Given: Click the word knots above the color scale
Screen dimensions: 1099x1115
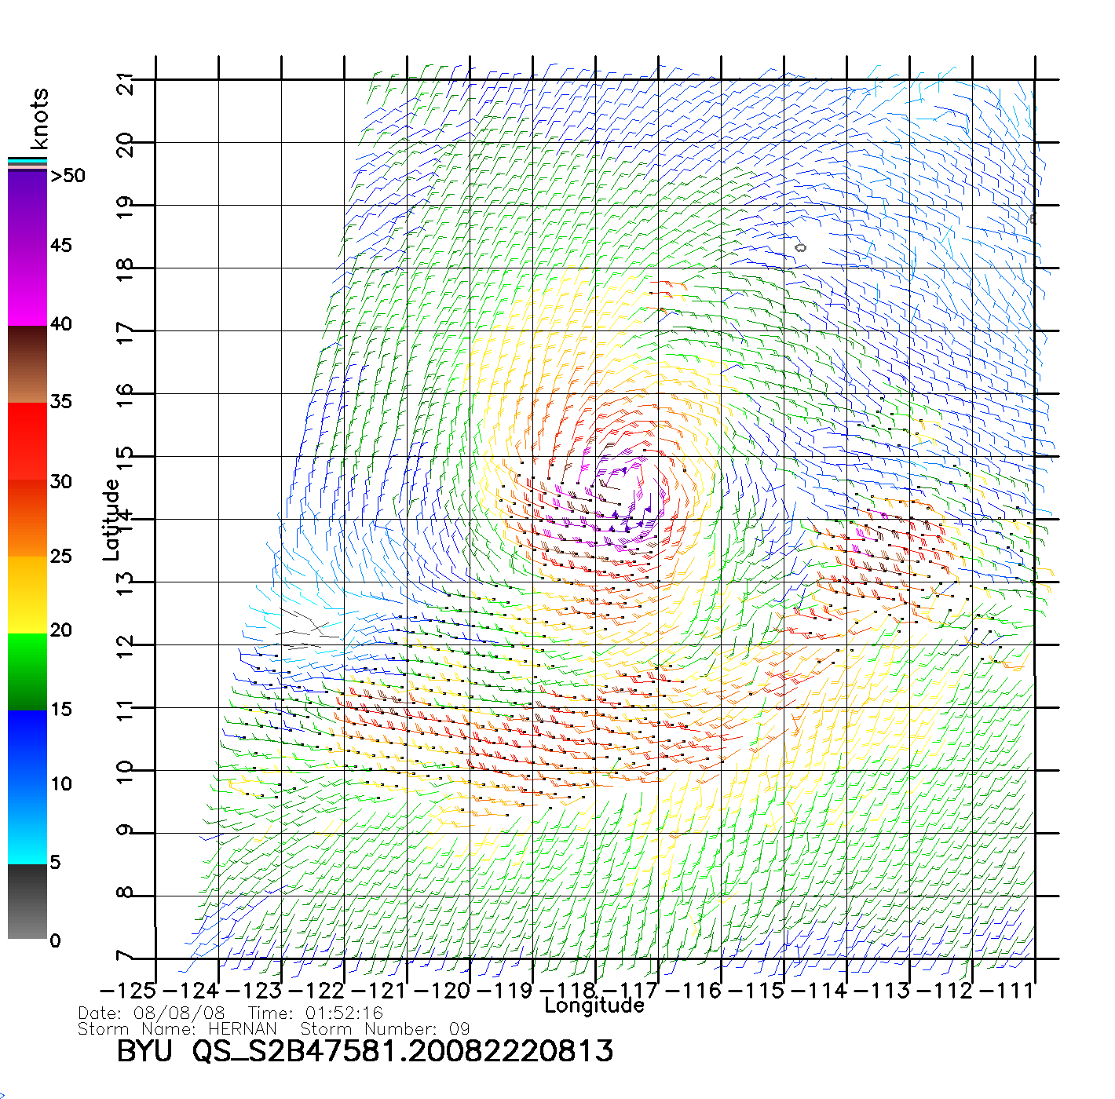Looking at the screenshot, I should click(x=39, y=119).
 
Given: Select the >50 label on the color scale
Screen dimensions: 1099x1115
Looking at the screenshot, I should click(x=68, y=176).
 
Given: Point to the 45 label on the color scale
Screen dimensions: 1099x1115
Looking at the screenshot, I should click(x=60, y=246).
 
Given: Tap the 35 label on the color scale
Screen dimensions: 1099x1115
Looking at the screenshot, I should click(x=60, y=402).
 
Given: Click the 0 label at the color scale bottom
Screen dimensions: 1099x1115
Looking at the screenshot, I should click(x=55, y=940).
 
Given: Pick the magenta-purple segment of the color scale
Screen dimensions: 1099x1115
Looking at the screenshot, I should click(x=27, y=247).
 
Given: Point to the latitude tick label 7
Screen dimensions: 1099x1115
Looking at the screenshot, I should click(x=125, y=956).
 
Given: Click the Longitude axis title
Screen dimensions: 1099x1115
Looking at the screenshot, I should click(x=594, y=1006).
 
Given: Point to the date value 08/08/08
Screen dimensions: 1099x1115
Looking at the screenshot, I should click(x=179, y=1013).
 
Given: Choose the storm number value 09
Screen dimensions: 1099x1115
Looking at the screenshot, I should click(x=459, y=1028).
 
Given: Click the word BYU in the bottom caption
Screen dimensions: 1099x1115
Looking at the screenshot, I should click(x=144, y=1051).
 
